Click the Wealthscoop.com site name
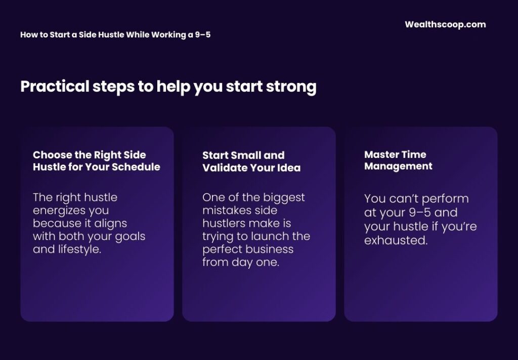click(445, 24)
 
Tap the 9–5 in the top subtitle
click(203, 35)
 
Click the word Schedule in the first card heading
click(138, 167)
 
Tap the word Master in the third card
click(381, 154)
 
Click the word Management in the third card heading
click(398, 166)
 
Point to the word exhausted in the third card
click(396, 240)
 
